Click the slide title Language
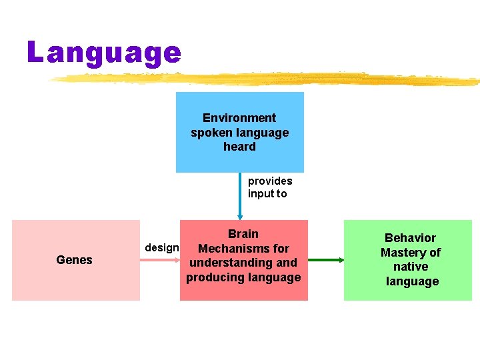pos(104,53)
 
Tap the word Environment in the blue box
pos(239,118)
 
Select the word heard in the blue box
pos(239,147)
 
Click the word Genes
pos(75,260)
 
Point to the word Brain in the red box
pos(243,234)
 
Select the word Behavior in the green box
pos(410,238)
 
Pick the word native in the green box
pos(411,267)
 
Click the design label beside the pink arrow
pos(162,248)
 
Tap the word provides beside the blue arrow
pos(270,181)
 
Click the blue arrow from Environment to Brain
pos(240,196)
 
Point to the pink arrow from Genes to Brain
pos(160,260)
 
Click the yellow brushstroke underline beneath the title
pos(267,79)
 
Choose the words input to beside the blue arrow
pos(267,194)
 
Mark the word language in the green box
pos(412,281)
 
